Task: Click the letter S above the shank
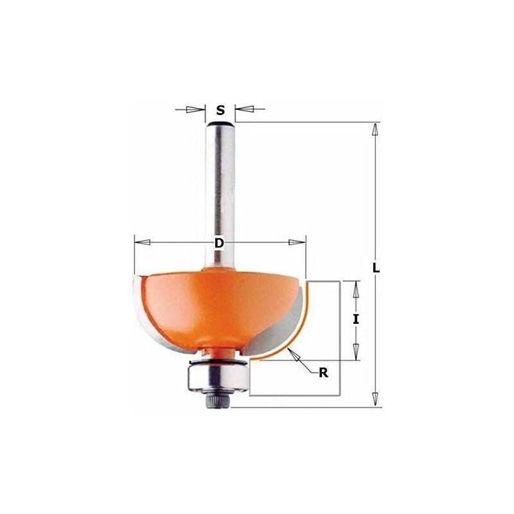click(x=220, y=110)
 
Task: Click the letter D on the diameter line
click(x=219, y=243)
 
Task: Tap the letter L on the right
click(x=376, y=268)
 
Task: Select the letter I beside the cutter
click(x=356, y=319)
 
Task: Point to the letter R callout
click(x=323, y=373)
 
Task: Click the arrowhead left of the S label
click(x=195, y=109)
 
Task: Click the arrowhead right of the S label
click(x=245, y=109)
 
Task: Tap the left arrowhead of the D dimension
click(x=143, y=242)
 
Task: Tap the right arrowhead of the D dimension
click(x=297, y=242)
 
